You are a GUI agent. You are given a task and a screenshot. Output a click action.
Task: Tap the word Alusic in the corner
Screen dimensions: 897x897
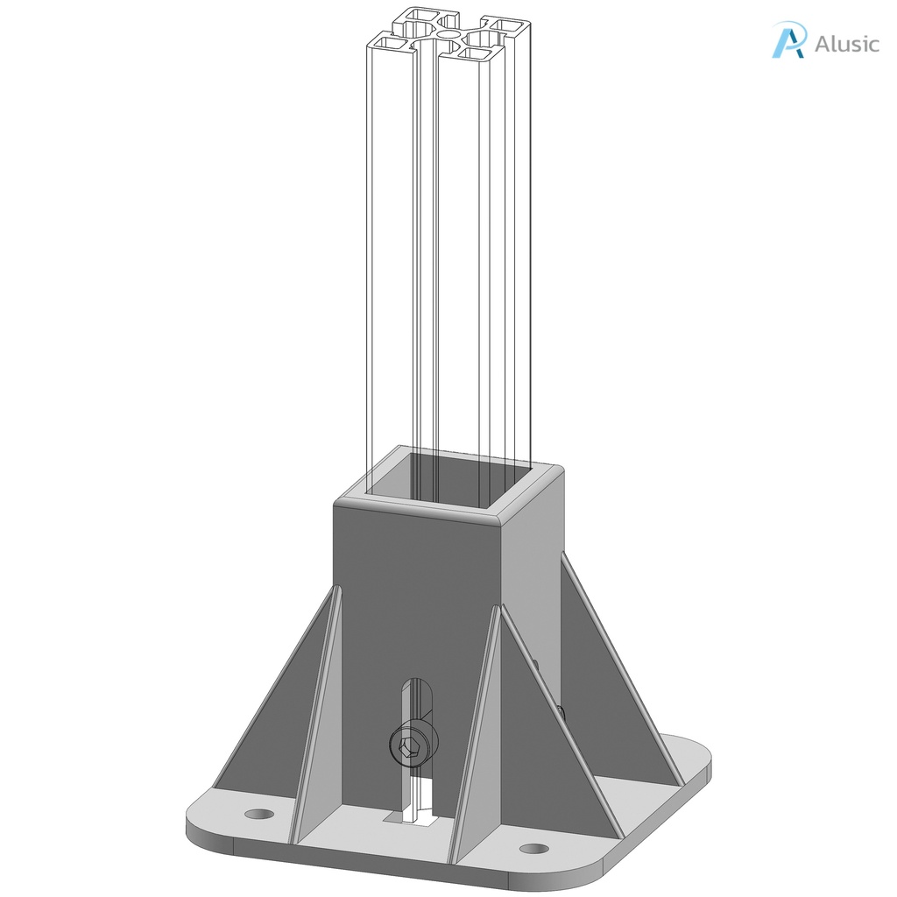point(845,44)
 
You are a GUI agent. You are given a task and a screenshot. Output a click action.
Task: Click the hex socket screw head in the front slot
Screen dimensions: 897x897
point(409,747)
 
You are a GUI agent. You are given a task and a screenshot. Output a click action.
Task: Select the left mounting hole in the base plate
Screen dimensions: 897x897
point(258,814)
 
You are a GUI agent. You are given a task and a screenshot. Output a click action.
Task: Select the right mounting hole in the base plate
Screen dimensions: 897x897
point(533,848)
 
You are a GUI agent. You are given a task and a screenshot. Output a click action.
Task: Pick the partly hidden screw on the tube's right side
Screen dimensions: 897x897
point(559,712)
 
